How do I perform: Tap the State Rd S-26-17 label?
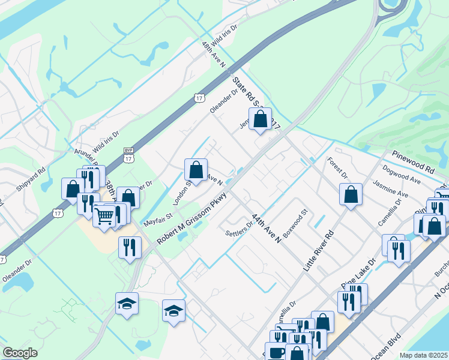pyautogui.click(x=256, y=102)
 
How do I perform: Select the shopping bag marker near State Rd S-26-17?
pyautogui.click(x=260, y=119)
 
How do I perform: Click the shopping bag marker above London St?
pyautogui.click(x=196, y=170)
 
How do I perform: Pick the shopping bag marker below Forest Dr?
pyautogui.click(x=351, y=195)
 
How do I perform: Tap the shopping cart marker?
pyautogui.click(x=104, y=215)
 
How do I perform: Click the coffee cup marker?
pyautogui.click(x=276, y=352)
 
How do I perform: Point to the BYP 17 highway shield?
pyautogui.click(x=128, y=155)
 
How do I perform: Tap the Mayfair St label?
pyautogui.click(x=158, y=219)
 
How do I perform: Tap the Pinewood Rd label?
pyautogui.click(x=414, y=163)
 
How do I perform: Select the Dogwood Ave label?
pyautogui.click(x=401, y=175)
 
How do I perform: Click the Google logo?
pyautogui.click(x=20, y=353)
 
